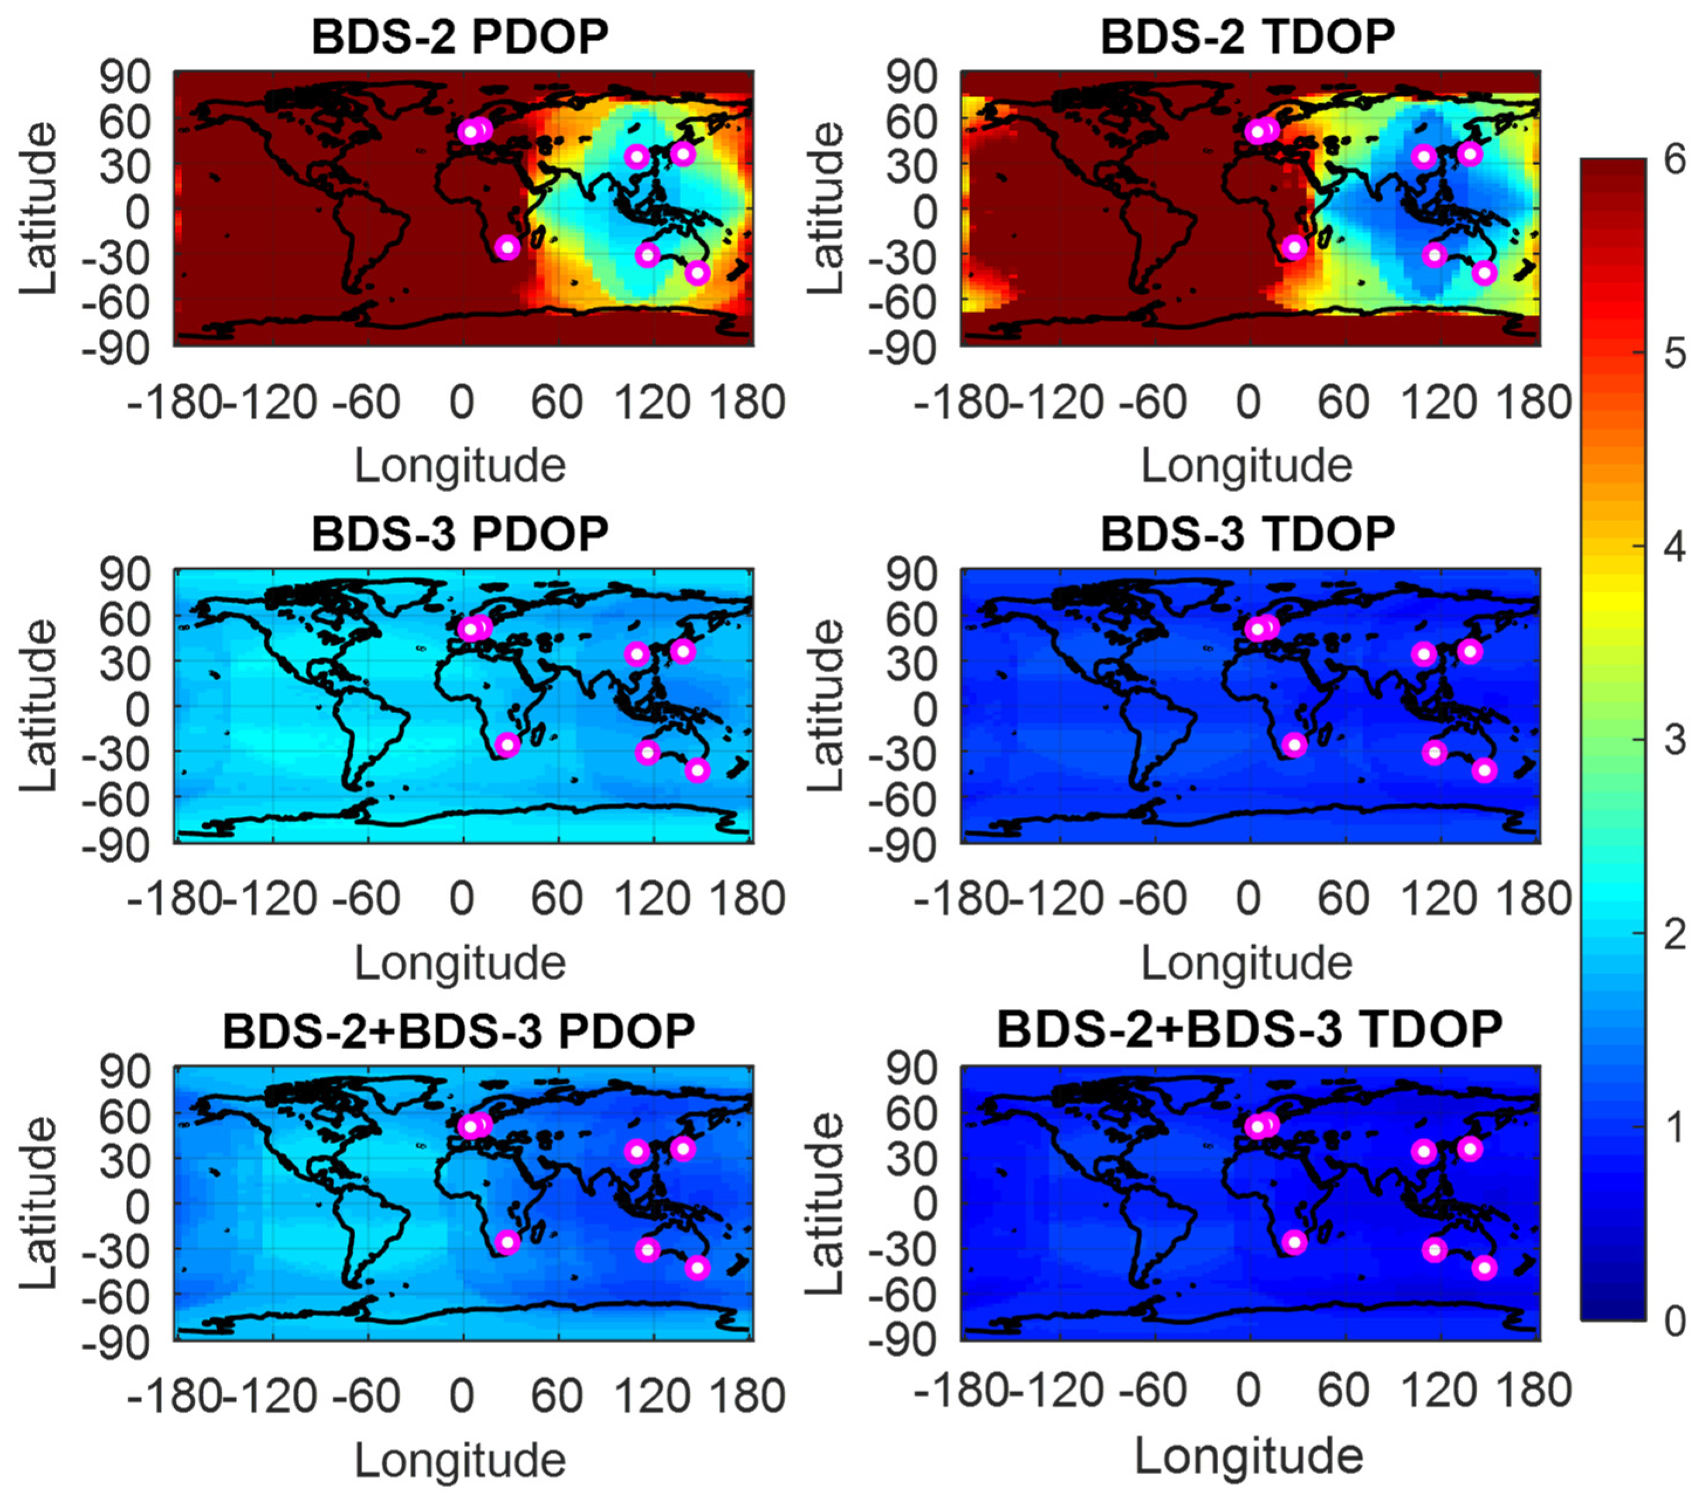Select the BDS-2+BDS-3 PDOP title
pyautogui.click(x=459, y=1032)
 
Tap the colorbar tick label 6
pyautogui.click(x=1675, y=158)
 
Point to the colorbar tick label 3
pyautogui.click(x=1675, y=739)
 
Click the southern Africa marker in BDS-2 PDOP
pyautogui.click(x=507, y=247)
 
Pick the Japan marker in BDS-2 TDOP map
pyautogui.click(x=1470, y=154)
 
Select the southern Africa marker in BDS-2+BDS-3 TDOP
pyautogui.click(x=1294, y=1242)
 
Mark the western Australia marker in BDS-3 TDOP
pyautogui.click(x=1435, y=753)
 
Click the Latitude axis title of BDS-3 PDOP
pyautogui.click(x=38, y=706)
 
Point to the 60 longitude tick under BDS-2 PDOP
pyautogui.click(x=556, y=402)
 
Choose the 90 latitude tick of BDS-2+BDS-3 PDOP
pyautogui.click(x=125, y=1072)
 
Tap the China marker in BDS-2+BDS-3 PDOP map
pyautogui.click(x=637, y=1151)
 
